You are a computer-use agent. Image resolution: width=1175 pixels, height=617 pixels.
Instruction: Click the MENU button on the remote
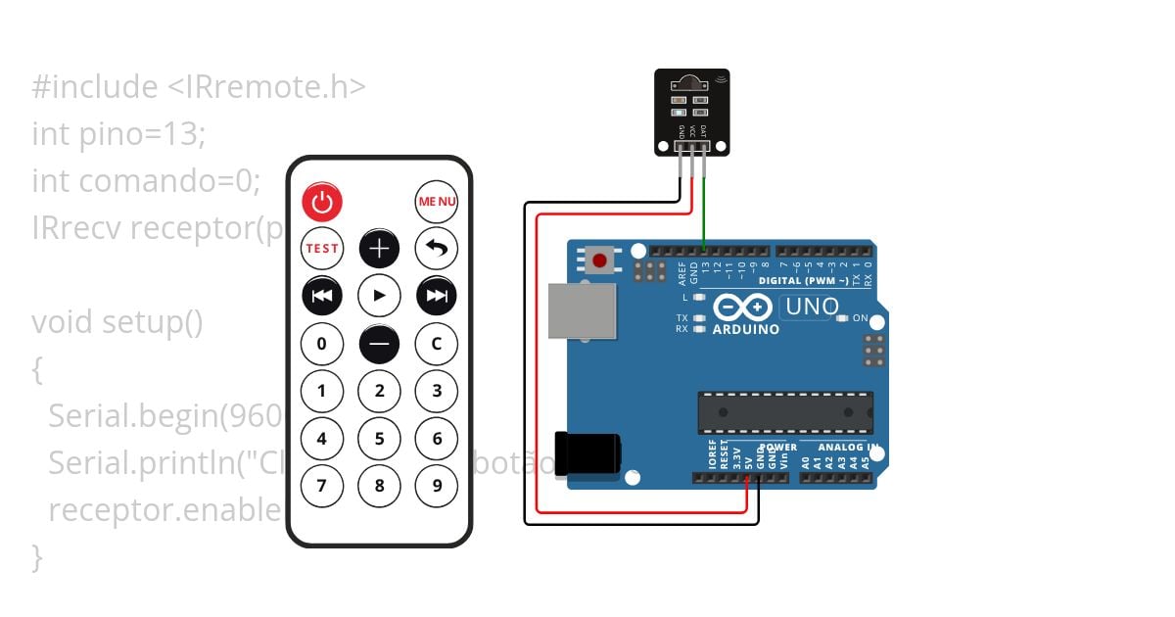(437, 202)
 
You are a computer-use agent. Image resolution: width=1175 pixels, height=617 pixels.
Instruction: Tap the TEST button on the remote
(322, 249)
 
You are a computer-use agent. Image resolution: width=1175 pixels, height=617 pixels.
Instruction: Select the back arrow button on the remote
(437, 249)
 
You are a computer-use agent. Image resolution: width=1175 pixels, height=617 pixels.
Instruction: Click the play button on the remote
(379, 296)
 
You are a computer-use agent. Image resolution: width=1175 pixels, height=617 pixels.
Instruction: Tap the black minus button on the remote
(379, 344)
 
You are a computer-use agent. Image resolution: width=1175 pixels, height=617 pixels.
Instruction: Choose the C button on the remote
(437, 344)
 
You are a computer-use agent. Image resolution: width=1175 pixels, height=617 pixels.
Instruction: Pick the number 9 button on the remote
(437, 485)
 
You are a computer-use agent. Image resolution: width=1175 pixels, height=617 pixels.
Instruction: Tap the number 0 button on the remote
(322, 344)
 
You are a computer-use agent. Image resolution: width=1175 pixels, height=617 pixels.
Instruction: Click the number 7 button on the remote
(322, 485)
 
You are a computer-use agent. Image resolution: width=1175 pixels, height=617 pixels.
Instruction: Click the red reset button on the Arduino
(599, 261)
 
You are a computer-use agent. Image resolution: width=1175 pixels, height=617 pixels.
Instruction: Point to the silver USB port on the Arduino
(582, 312)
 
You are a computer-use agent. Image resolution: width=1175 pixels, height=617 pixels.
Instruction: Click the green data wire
(704, 211)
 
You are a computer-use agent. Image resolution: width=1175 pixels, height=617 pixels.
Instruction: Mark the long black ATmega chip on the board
(785, 412)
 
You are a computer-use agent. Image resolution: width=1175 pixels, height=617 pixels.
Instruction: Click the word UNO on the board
(813, 308)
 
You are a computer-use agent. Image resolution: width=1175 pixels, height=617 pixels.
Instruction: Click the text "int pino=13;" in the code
(118, 133)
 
